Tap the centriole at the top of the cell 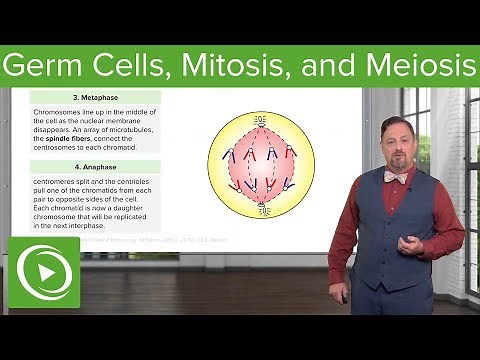point(261,117)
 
